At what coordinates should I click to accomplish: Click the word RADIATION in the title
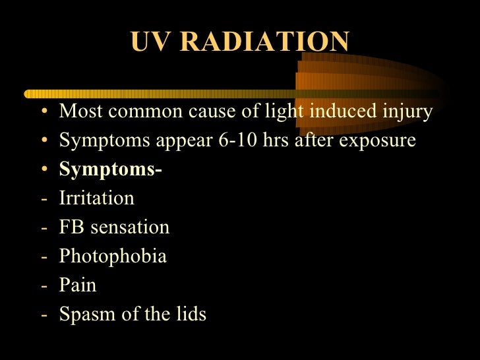point(264,42)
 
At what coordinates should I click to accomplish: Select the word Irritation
point(96,198)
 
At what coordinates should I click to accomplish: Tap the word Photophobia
point(113,256)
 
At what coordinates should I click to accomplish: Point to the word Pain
point(78,285)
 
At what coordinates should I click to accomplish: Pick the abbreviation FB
point(71,227)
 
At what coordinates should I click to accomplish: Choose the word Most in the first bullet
point(81,111)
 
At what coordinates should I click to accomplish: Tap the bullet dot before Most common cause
point(44,112)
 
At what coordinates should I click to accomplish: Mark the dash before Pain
point(44,285)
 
